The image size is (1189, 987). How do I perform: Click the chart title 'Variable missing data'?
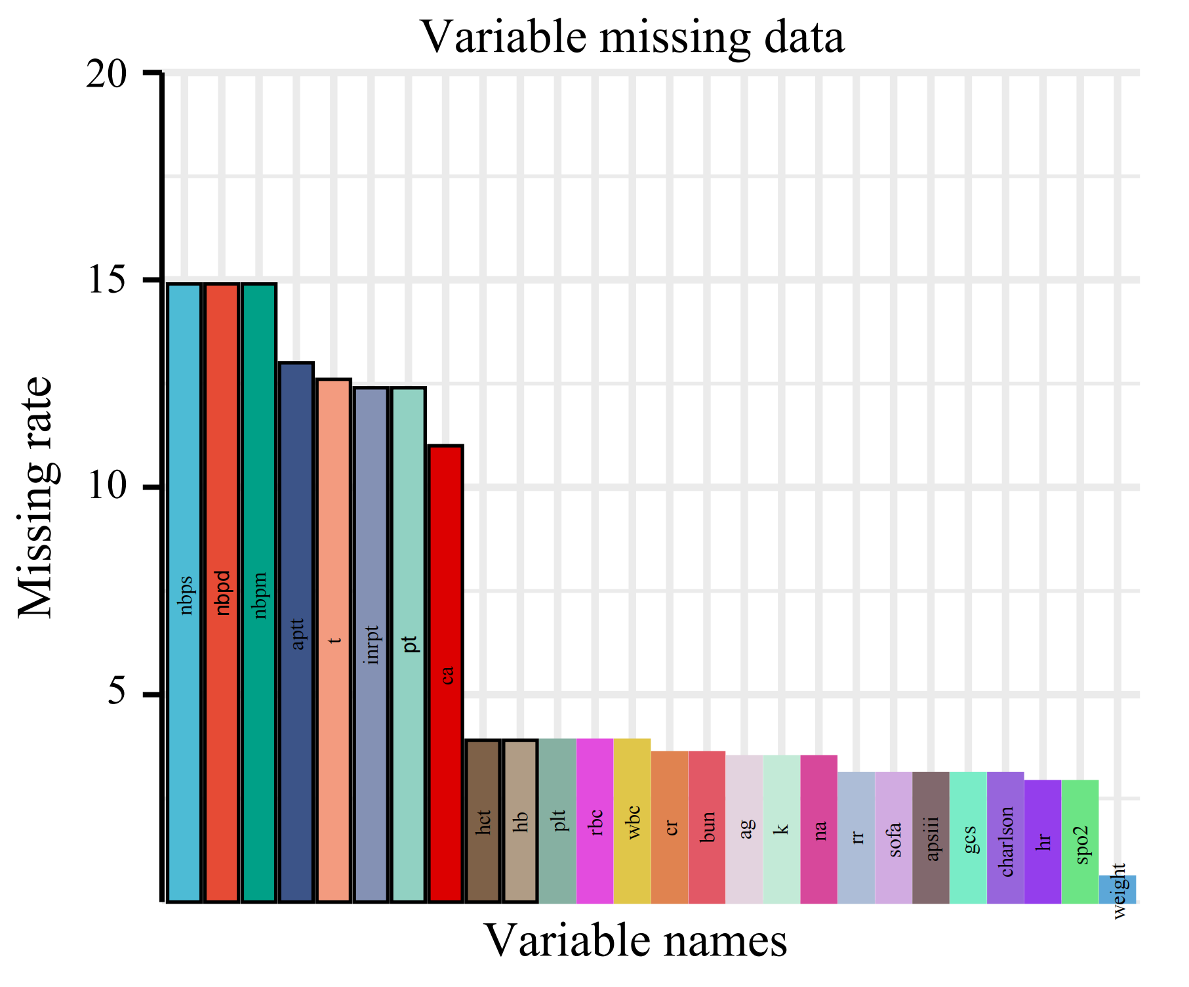[x=632, y=37]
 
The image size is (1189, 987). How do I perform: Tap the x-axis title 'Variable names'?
[x=635, y=940]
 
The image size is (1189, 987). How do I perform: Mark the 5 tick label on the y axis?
[x=119, y=694]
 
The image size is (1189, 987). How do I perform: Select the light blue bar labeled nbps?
[x=184, y=593]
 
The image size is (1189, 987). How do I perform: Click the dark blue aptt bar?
[x=296, y=633]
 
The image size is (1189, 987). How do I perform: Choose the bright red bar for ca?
[x=446, y=674]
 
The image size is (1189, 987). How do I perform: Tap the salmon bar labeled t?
[x=334, y=640]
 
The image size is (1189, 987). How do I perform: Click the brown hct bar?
[x=483, y=821]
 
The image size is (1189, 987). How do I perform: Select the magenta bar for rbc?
[x=595, y=821]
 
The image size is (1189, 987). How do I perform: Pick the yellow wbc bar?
[x=632, y=821]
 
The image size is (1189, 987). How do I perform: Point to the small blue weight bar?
[x=1118, y=889]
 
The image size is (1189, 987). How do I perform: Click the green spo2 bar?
[x=1080, y=841]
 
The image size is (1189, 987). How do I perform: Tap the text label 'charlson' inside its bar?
[x=1006, y=841]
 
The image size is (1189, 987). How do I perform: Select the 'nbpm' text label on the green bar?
[x=260, y=595]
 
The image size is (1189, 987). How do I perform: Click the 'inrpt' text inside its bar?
[x=372, y=644]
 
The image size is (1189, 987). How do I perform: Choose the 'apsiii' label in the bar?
[x=932, y=839]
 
